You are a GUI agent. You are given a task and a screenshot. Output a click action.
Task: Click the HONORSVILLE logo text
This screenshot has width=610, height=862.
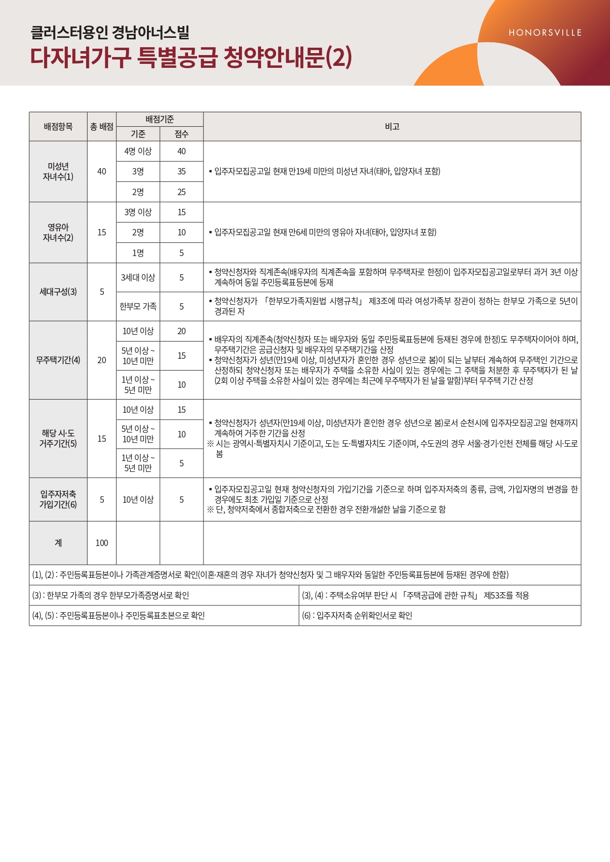(x=545, y=33)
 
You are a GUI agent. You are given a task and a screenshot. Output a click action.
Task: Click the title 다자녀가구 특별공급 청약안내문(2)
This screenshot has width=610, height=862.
(x=191, y=57)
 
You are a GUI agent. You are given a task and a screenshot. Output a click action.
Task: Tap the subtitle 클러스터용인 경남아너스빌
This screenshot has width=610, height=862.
(x=110, y=33)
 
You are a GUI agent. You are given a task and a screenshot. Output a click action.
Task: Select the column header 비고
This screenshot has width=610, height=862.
(x=392, y=127)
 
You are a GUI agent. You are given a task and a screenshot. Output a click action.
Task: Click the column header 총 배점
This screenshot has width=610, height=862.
(x=102, y=127)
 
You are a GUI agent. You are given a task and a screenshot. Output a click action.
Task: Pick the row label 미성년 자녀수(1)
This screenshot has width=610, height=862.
(x=58, y=172)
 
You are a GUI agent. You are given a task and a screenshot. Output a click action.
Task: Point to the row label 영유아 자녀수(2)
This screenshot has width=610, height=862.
(x=58, y=232)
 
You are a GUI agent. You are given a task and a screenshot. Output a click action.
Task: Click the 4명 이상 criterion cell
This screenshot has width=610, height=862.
(x=138, y=151)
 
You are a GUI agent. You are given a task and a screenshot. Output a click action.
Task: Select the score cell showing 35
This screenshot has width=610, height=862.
(x=181, y=172)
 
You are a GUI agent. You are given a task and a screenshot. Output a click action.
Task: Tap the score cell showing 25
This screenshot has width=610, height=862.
(x=181, y=192)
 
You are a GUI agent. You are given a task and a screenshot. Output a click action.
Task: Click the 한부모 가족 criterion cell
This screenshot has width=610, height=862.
(x=138, y=307)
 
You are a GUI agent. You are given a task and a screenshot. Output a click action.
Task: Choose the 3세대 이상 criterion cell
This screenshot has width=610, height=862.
(x=138, y=278)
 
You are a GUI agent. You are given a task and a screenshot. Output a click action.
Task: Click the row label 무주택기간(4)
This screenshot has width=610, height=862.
(x=58, y=360)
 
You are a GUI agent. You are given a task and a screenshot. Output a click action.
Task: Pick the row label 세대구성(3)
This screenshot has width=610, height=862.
(x=58, y=292)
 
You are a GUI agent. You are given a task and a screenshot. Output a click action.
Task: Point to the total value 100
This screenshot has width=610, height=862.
(x=102, y=543)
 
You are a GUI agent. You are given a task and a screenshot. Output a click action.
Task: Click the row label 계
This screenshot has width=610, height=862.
(x=58, y=543)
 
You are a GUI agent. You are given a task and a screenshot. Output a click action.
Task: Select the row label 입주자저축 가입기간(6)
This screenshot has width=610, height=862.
(x=58, y=499)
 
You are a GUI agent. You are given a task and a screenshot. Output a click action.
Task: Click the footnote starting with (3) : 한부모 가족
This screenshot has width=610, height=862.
(x=111, y=596)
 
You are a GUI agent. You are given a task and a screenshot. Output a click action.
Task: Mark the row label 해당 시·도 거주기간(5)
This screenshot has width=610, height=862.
(x=58, y=438)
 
